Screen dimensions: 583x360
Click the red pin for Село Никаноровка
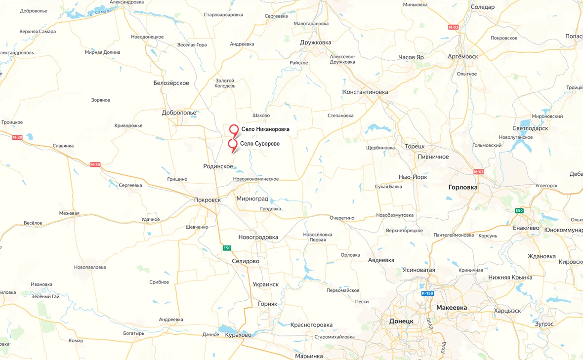(x=234, y=129)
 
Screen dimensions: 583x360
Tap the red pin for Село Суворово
(x=232, y=144)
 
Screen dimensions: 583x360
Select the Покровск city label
(x=207, y=200)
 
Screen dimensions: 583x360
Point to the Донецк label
(x=401, y=321)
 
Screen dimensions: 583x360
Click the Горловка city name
(x=463, y=188)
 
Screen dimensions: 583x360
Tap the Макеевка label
(x=452, y=308)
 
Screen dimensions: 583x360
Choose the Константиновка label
(x=366, y=92)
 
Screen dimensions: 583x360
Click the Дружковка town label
(x=316, y=42)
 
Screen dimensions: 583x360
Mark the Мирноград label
(x=252, y=199)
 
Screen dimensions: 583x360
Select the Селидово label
(x=246, y=261)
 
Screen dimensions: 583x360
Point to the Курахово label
(x=238, y=335)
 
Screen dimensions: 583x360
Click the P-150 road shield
(x=427, y=293)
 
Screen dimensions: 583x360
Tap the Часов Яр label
(x=411, y=57)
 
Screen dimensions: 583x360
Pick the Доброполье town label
(x=179, y=113)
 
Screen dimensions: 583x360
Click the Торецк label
(x=415, y=147)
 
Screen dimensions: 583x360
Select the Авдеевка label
(x=381, y=260)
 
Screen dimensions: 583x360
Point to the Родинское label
(x=218, y=166)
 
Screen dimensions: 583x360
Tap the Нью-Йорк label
(x=413, y=177)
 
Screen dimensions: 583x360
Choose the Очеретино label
(x=342, y=218)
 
